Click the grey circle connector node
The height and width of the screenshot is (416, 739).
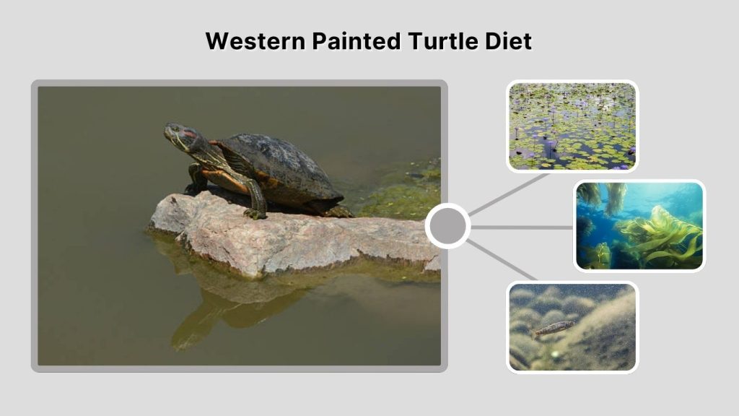coord(448,226)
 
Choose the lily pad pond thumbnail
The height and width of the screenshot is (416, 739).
coord(572,126)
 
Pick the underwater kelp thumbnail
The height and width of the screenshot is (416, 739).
coord(639,226)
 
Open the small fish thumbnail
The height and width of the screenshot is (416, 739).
coord(572,326)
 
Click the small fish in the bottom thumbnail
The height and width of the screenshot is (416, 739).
coord(554,329)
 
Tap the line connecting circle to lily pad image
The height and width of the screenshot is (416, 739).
coord(509,193)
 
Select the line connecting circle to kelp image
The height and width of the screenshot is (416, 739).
coord(521,227)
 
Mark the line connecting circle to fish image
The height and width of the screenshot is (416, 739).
coord(503,260)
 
